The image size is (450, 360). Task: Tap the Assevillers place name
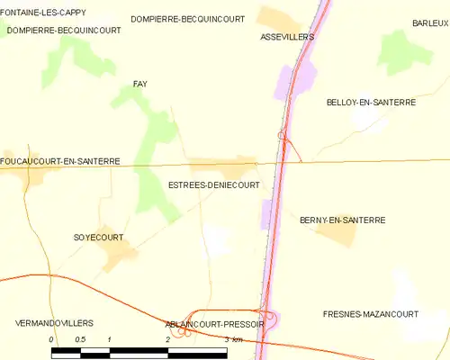tap(286, 37)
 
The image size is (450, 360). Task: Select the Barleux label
tap(430, 22)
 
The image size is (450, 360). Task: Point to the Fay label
tap(139, 84)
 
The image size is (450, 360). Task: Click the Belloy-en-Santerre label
tap(371, 103)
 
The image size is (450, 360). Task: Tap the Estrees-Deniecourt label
tap(214, 184)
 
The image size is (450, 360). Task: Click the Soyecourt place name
tap(98, 238)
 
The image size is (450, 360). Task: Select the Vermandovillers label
tap(55, 322)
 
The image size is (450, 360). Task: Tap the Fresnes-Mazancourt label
tap(371, 314)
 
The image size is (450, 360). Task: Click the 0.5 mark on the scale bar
tap(80, 338)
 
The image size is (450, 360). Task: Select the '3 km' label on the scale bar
tap(234, 339)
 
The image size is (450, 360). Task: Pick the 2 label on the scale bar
tap(168, 338)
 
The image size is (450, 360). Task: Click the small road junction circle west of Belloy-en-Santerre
tap(283, 136)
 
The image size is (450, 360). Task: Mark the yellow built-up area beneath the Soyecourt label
tap(118, 257)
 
